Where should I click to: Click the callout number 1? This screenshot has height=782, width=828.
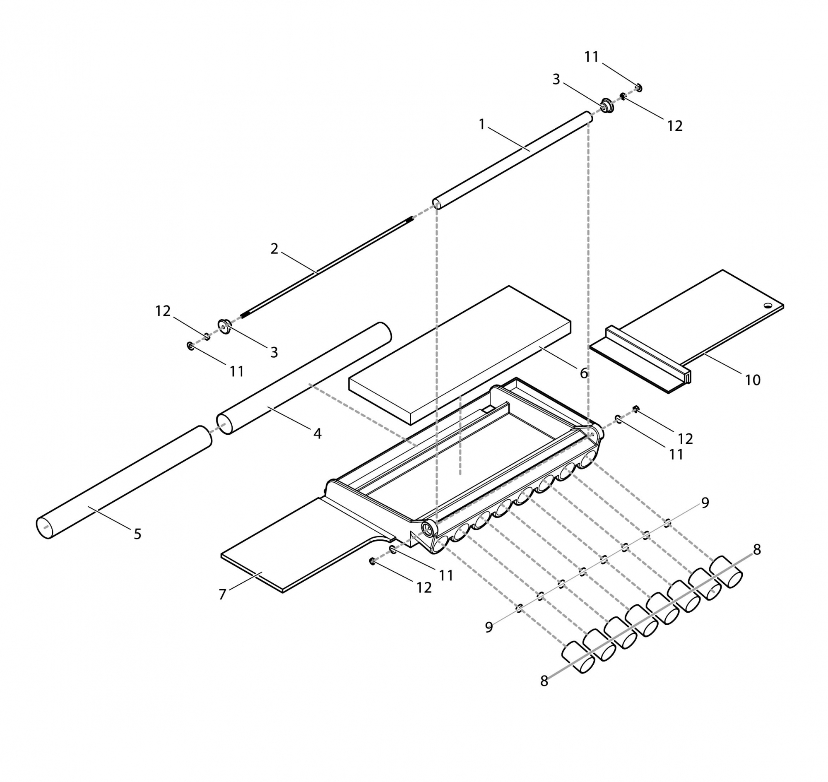482,124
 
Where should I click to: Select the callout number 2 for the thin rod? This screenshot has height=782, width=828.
274,249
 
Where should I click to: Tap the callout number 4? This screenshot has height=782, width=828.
317,434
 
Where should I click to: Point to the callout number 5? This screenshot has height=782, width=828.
137,534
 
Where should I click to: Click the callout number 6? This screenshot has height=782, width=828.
584,373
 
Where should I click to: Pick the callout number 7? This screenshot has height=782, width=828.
223,594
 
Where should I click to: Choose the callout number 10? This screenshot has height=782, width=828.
753,380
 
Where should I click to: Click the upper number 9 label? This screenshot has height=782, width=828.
705,503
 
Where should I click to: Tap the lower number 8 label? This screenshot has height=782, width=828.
544,681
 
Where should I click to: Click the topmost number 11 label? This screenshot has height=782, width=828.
591,57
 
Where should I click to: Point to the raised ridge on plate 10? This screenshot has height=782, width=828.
646,350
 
